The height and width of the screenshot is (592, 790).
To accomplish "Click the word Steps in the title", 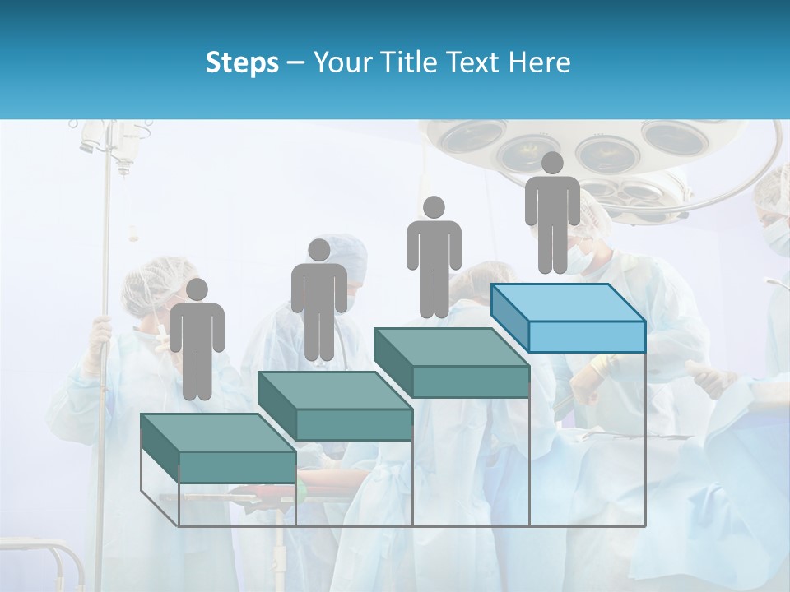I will click(242, 62).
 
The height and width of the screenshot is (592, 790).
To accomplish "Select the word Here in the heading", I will click(540, 62).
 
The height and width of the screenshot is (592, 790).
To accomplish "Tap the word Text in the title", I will click(472, 62).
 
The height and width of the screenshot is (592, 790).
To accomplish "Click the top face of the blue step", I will click(568, 303).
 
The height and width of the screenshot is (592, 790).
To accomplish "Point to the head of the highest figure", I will click(552, 163).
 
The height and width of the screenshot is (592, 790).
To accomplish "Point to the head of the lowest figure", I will click(197, 289).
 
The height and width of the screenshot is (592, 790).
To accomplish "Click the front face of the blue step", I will click(586, 336).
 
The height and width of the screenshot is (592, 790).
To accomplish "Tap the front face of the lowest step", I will click(237, 467).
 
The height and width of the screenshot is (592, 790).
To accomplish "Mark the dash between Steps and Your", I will click(296, 63).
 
